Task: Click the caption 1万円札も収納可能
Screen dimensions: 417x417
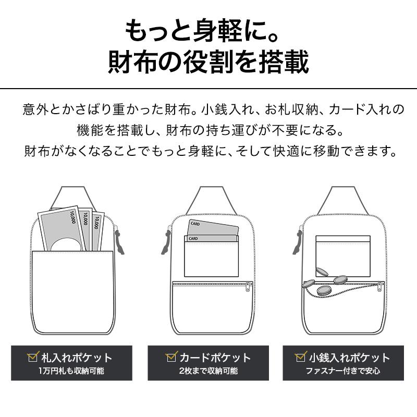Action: pos(71,371)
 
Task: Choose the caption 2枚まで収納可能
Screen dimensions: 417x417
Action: pos(208,371)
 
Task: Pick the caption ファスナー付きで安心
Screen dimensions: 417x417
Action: pos(343,371)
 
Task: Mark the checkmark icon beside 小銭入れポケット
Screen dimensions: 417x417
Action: pos(300,358)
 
